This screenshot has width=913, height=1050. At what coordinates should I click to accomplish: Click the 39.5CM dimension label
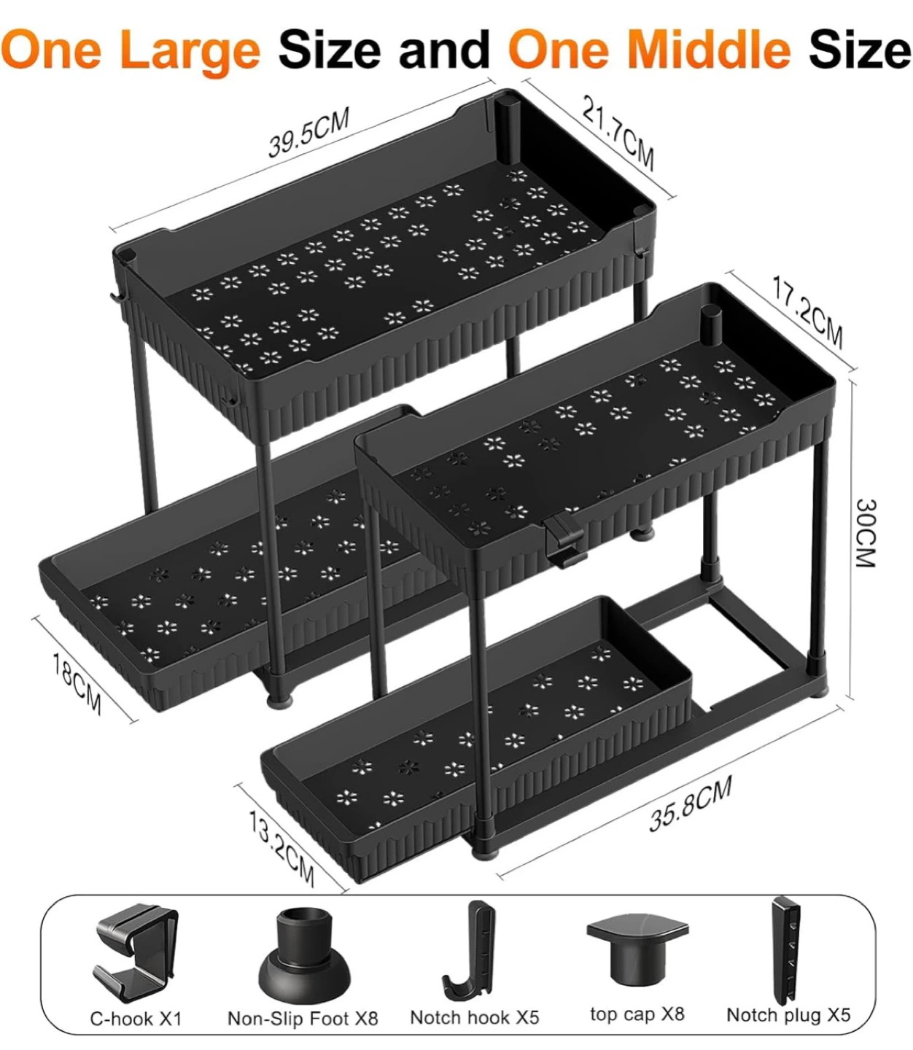click(x=309, y=132)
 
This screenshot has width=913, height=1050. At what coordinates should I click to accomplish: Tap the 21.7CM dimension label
click(x=619, y=133)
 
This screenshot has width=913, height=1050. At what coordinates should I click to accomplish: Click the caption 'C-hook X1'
click(x=136, y=1018)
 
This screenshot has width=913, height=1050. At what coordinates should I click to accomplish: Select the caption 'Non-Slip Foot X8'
click(x=303, y=1018)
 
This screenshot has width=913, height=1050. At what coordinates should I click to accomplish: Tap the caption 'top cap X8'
click(x=637, y=1014)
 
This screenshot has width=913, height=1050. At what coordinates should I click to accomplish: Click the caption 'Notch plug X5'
click(x=788, y=1014)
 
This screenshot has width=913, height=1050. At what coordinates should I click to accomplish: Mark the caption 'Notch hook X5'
click(x=475, y=1016)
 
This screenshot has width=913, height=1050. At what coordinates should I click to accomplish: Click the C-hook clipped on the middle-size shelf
click(x=563, y=540)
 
